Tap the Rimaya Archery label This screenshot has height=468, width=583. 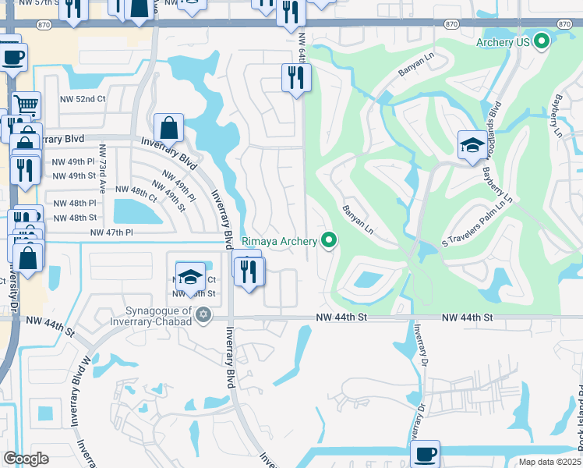(x=281, y=241)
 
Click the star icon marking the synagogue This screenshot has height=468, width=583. (x=203, y=314)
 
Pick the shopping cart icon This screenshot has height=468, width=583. (x=26, y=104)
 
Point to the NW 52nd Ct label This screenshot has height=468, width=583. (x=83, y=100)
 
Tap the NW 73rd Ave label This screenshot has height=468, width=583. (x=101, y=168)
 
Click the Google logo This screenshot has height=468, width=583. (x=26, y=459)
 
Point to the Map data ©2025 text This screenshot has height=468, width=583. (x=549, y=462)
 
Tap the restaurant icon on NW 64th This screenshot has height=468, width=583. (x=296, y=76)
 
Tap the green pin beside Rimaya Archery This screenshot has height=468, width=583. (x=329, y=240)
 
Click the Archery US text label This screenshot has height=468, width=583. (x=504, y=42)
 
